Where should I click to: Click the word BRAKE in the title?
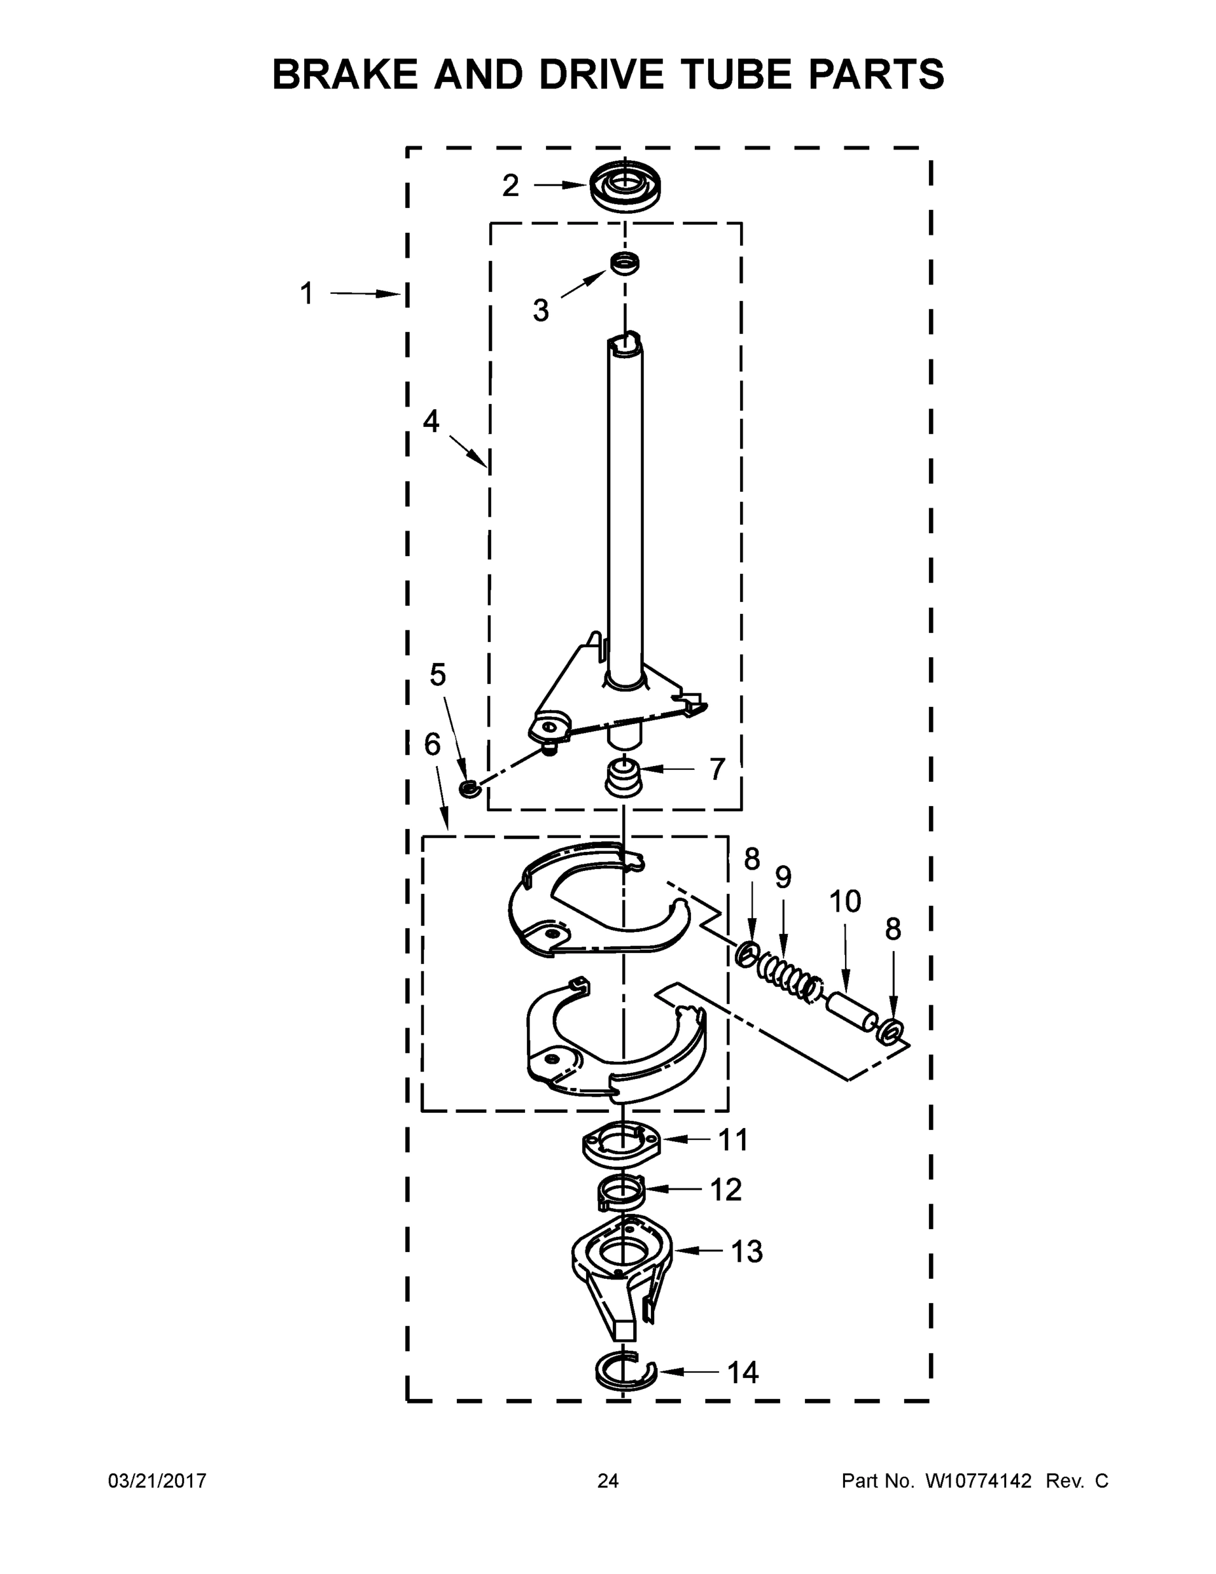pos(344,74)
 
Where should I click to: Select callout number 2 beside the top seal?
pos(510,186)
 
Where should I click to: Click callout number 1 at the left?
pos(307,293)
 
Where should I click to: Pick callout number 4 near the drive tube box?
pos(431,421)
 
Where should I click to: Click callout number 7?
pos(716,769)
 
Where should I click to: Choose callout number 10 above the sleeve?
pos(844,901)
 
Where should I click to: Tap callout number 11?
pos(733,1140)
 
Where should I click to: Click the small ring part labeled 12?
pos(621,1194)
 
